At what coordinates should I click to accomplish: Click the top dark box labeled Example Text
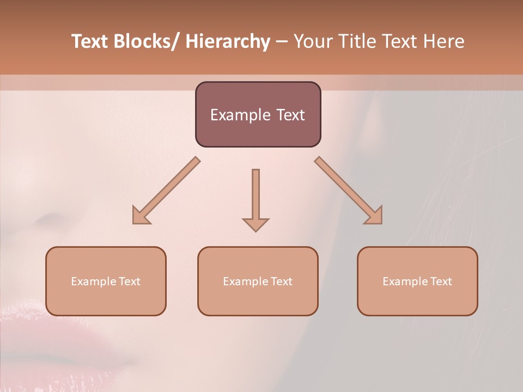258,114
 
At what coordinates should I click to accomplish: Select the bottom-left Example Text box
106,281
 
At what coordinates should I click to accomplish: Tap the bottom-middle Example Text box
258,281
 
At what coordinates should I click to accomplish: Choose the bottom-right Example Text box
417,281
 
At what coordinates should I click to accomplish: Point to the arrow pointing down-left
166,190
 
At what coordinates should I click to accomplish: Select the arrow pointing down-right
349,190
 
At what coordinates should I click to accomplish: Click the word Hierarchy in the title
228,41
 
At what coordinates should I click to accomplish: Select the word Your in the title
313,41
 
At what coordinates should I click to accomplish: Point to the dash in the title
282,42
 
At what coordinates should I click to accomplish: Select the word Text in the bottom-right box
441,281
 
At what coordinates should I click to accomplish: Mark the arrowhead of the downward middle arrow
256,224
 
